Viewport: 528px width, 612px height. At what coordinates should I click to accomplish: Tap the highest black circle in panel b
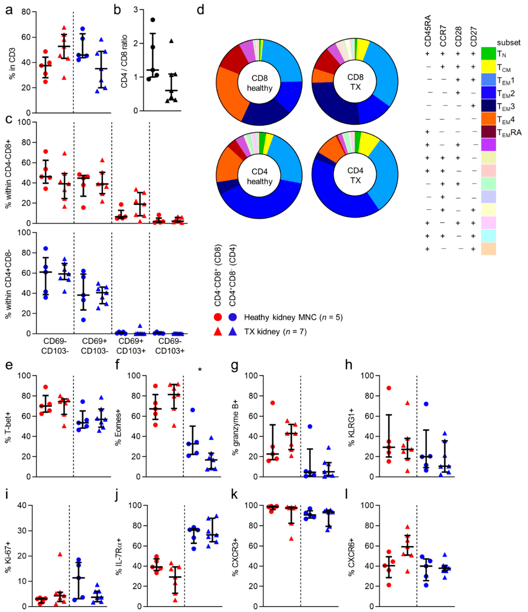point(152,20)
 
